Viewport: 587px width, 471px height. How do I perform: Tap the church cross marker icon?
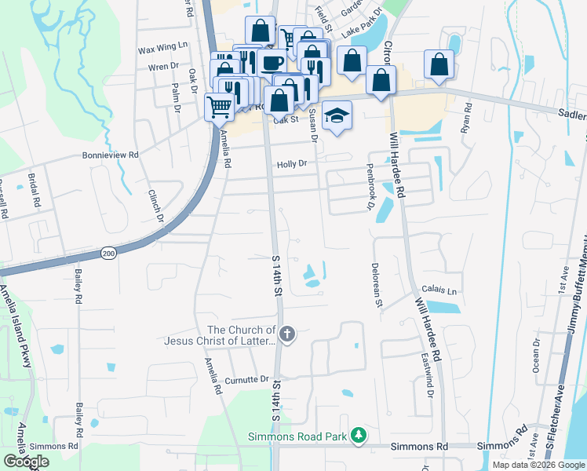tap(287, 335)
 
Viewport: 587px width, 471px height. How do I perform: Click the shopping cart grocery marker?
tap(220, 106)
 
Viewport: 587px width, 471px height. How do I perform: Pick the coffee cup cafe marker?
tap(272, 63)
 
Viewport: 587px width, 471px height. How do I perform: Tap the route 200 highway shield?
tap(108, 253)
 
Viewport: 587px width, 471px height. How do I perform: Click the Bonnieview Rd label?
tap(111, 155)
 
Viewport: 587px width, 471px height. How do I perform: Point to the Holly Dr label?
tap(290, 165)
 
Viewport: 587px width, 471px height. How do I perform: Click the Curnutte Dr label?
tap(246, 379)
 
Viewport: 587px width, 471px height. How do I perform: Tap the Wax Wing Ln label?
tap(164, 48)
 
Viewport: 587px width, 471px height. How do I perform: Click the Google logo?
tap(26, 462)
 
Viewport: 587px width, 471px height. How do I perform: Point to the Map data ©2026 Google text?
tap(538, 465)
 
